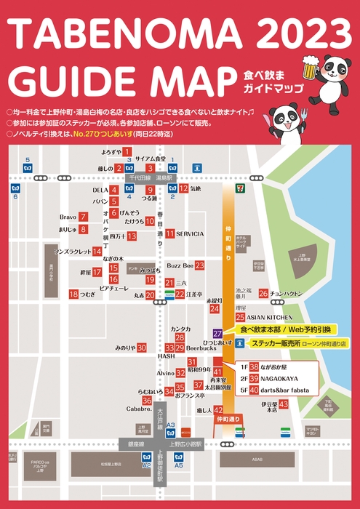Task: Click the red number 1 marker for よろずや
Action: click(127, 152)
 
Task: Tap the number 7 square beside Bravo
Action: click(84, 217)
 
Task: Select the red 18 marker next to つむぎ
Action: click(73, 294)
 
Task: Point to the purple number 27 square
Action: click(217, 332)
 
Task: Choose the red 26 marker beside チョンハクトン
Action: click(263, 294)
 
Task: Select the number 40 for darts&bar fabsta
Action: click(254, 390)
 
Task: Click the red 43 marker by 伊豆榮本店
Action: click(284, 404)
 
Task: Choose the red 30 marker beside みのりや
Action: click(142, 348)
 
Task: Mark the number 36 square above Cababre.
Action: click(147, 401)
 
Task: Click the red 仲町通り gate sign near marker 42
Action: click(228, 420)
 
